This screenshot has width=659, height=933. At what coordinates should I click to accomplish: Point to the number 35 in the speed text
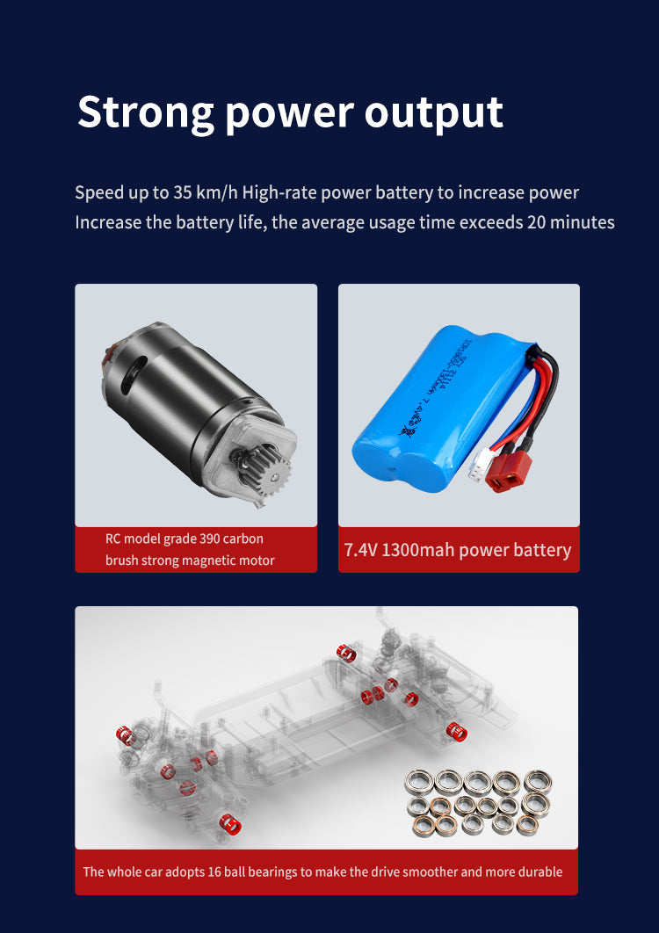tap(182, 192)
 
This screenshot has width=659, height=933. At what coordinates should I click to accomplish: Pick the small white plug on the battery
tap(482, 465)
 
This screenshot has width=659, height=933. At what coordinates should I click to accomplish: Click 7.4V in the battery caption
tap(361, 550)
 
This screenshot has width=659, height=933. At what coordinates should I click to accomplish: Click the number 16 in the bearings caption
tap(214, 872)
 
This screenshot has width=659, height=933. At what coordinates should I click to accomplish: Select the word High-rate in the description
tap(279, 192)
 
